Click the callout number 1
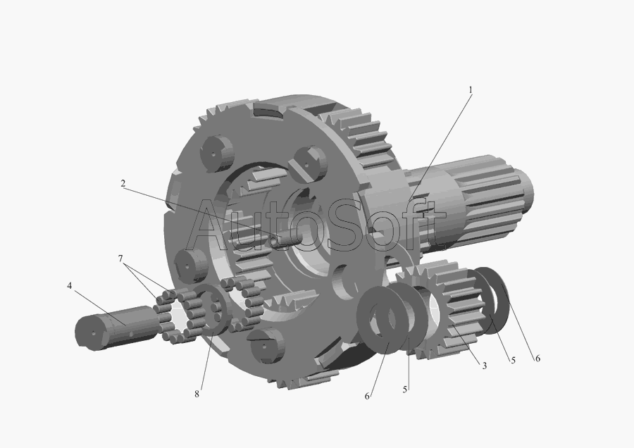tap(471, 89)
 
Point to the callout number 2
tap(123, 184)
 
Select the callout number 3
tap(485, 366)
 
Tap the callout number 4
tap(70, 286)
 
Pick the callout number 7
tap(120, 259)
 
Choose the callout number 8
tap(197, 394)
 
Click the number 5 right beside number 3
tap(513, 360)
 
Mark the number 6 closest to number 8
tap(367, 397)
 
